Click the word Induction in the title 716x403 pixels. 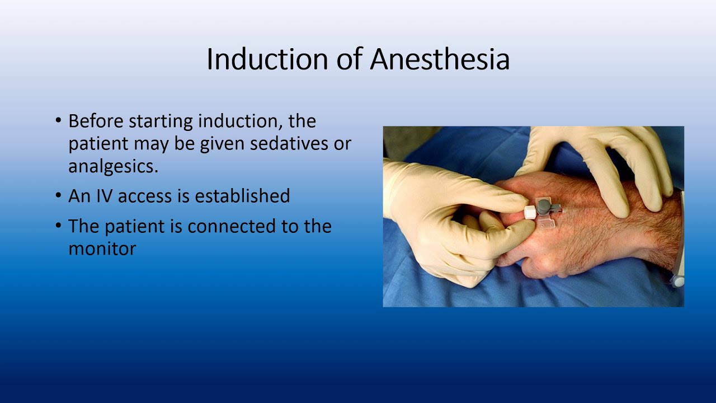267,59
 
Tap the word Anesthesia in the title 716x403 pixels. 440,59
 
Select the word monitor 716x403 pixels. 102,249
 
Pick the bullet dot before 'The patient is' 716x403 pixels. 59,227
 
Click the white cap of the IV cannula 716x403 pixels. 530,212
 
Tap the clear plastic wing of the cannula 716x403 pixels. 545,224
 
